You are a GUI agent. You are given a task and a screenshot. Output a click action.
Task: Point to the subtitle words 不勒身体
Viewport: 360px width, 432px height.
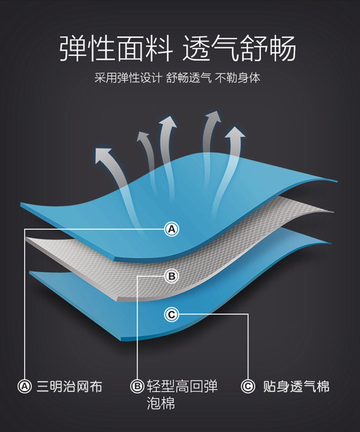[x=237, y=77]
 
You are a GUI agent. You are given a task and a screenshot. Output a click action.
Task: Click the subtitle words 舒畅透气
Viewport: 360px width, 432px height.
[x=189, y=77]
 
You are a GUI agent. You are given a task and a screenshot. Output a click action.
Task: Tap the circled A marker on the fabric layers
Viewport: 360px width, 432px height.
[x=171, y=229]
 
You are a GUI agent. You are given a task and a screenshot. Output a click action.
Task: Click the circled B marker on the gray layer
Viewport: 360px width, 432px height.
[x=171, y=276]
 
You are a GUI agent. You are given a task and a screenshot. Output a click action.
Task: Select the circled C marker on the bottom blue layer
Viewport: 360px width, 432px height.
[x=171, y=314]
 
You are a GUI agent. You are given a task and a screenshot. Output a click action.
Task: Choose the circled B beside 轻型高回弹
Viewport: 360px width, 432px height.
[x=137, y=386]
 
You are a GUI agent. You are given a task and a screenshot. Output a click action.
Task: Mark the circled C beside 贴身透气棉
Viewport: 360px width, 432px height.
[x=247, y=386]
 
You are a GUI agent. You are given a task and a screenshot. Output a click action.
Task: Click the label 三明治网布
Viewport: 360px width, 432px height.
[x=69, y=386]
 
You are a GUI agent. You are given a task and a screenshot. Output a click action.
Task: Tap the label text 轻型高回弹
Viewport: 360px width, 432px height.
[x=182, y=386]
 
